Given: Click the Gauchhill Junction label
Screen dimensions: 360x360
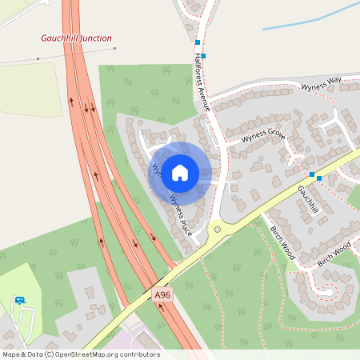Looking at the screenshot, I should tap(77, 38).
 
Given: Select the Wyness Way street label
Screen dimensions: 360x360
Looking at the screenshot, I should tap(321, 82).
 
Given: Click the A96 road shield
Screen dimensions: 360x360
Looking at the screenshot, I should tap(162, 295).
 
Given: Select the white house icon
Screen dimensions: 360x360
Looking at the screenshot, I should tap(180, 172).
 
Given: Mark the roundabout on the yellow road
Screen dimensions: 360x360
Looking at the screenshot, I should tap(217, 230).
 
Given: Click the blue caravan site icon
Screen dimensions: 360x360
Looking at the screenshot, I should tap(20, 301).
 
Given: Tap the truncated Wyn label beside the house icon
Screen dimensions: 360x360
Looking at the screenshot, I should tap(156, 170).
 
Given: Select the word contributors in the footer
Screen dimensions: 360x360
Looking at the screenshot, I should tap(139, 354).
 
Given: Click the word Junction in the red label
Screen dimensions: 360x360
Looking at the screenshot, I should tap(94, 38).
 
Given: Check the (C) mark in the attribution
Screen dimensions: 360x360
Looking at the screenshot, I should tap(50, 354).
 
